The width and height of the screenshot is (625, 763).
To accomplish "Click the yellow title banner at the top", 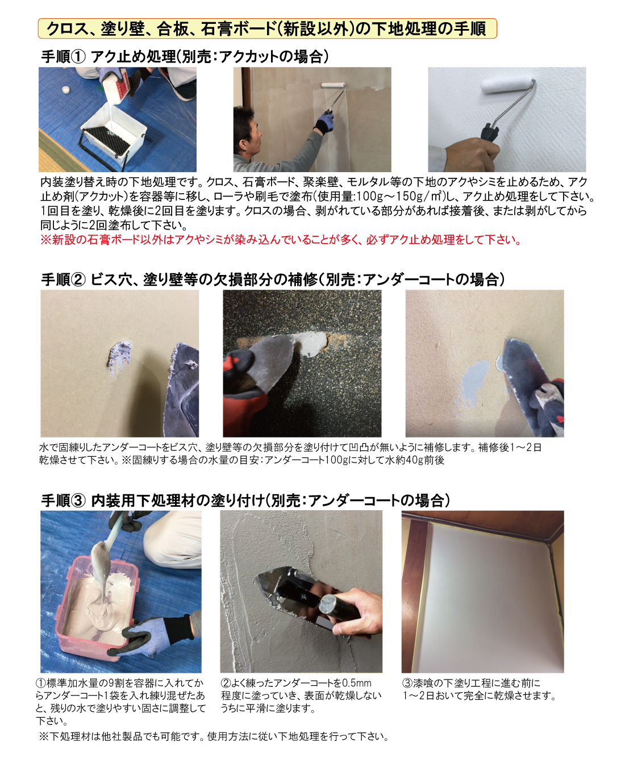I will coord(267,28).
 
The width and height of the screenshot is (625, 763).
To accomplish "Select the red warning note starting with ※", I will coord(281,240).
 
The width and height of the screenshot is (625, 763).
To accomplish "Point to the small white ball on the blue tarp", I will coord(65,90).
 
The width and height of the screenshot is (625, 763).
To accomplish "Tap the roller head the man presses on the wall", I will coord(334,85).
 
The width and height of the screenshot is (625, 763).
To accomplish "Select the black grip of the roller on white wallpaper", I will coord(489,132).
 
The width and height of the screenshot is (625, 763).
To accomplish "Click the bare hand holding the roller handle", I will coord(472,155).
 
